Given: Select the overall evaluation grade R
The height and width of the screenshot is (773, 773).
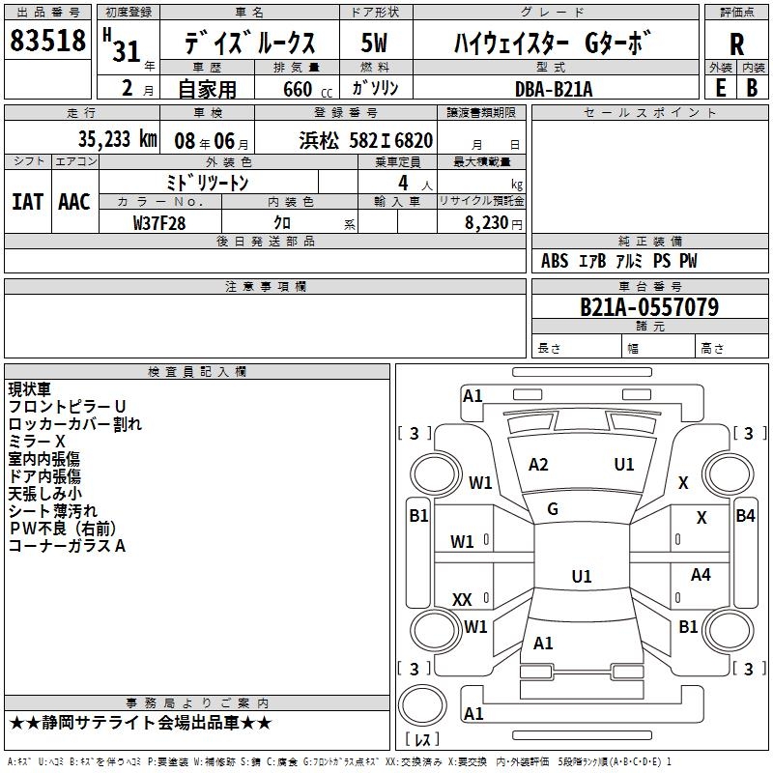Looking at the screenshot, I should pos(736,44).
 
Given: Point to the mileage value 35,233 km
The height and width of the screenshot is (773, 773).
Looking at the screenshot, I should pos(117,139).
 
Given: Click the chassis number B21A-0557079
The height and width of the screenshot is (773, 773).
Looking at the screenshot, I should pos(648,307).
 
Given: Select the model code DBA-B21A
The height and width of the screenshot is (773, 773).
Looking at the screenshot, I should pos(554,88).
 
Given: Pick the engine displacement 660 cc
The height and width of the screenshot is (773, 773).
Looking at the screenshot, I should pos(297,89).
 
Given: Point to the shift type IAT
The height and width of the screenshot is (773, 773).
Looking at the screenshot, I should pos(28,202).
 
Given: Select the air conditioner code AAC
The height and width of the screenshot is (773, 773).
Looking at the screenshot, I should pos(74,202).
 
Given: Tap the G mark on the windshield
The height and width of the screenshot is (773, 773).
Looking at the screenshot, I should pos(553,508).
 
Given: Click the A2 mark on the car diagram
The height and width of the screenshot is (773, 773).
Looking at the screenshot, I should pos(538,465).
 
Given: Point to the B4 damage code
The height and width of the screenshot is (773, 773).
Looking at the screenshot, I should pos(745,516).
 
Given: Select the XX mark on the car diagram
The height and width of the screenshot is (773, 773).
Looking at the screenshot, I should pos(462,600).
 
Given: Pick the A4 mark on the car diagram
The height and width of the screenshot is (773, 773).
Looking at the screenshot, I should pos(701,575).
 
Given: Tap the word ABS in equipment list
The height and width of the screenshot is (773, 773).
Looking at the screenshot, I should pos(555,262).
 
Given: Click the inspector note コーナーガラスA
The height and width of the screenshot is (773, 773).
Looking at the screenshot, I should pos(67,546).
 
